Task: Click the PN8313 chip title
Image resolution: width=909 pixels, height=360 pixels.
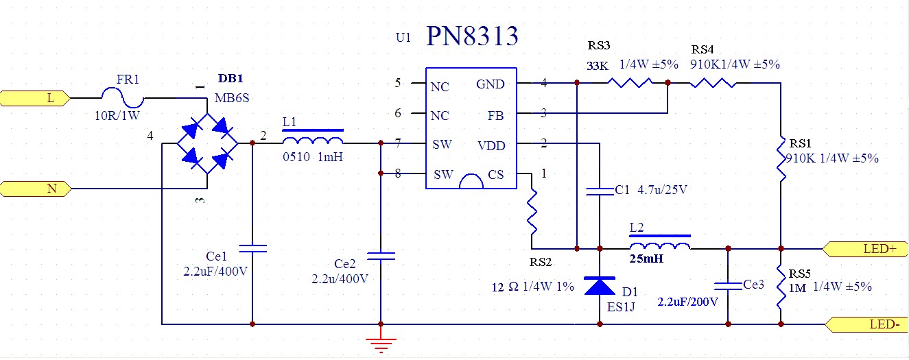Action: pos(472,36)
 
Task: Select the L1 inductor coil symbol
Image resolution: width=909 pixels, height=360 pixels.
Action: pos(312,142)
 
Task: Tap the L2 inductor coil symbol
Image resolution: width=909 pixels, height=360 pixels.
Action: pos(660,248)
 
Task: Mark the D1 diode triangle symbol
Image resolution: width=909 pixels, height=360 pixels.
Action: pos(600,285)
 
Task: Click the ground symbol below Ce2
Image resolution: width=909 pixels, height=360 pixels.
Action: pos(380,343)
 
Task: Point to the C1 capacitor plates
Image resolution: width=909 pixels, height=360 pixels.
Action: pos(600,190)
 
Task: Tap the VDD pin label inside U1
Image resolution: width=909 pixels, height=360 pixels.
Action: pos(491,145)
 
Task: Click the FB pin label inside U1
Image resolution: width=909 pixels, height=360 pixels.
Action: pos(495,115)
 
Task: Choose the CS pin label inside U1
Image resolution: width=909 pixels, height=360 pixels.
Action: pos(496,176)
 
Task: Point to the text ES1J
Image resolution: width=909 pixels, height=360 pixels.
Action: pos(622,307)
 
